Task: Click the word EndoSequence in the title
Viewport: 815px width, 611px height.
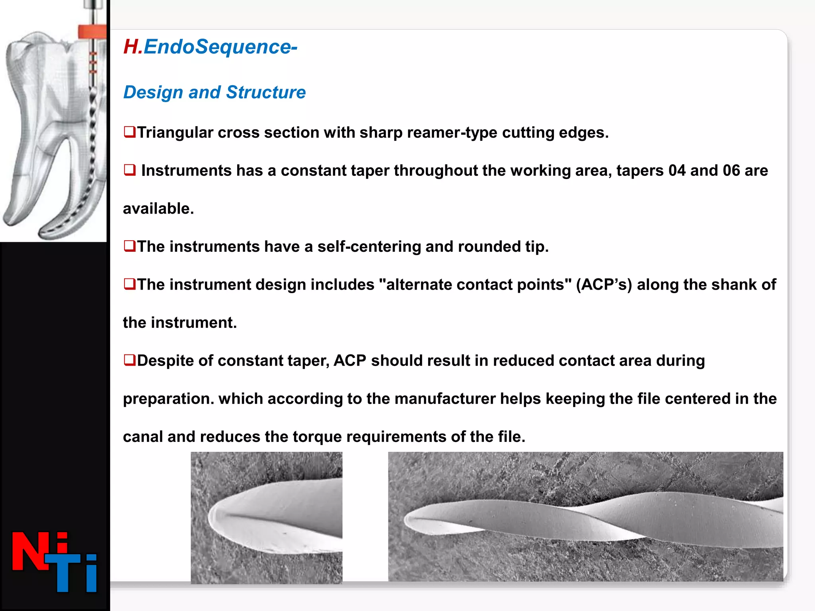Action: (x=218, y=47)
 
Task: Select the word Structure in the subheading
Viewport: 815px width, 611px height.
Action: (x=266, y=92)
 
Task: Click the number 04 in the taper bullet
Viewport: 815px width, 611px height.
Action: (x=677, y=171)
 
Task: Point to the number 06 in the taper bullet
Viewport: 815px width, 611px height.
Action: (x=731, y=171)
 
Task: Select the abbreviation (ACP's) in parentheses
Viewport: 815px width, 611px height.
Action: (x=604, y=285)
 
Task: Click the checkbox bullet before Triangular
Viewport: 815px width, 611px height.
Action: (x=129, y=132)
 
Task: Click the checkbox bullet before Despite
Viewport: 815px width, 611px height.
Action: (x=129, y=360)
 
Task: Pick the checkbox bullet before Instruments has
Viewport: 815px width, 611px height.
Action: (x=129, y=170)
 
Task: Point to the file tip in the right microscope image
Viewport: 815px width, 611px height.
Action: (x=408, y=520)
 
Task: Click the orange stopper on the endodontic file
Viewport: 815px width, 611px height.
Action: (x=92, y=31)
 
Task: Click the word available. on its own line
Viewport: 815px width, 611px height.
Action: (x=158, y=209)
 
